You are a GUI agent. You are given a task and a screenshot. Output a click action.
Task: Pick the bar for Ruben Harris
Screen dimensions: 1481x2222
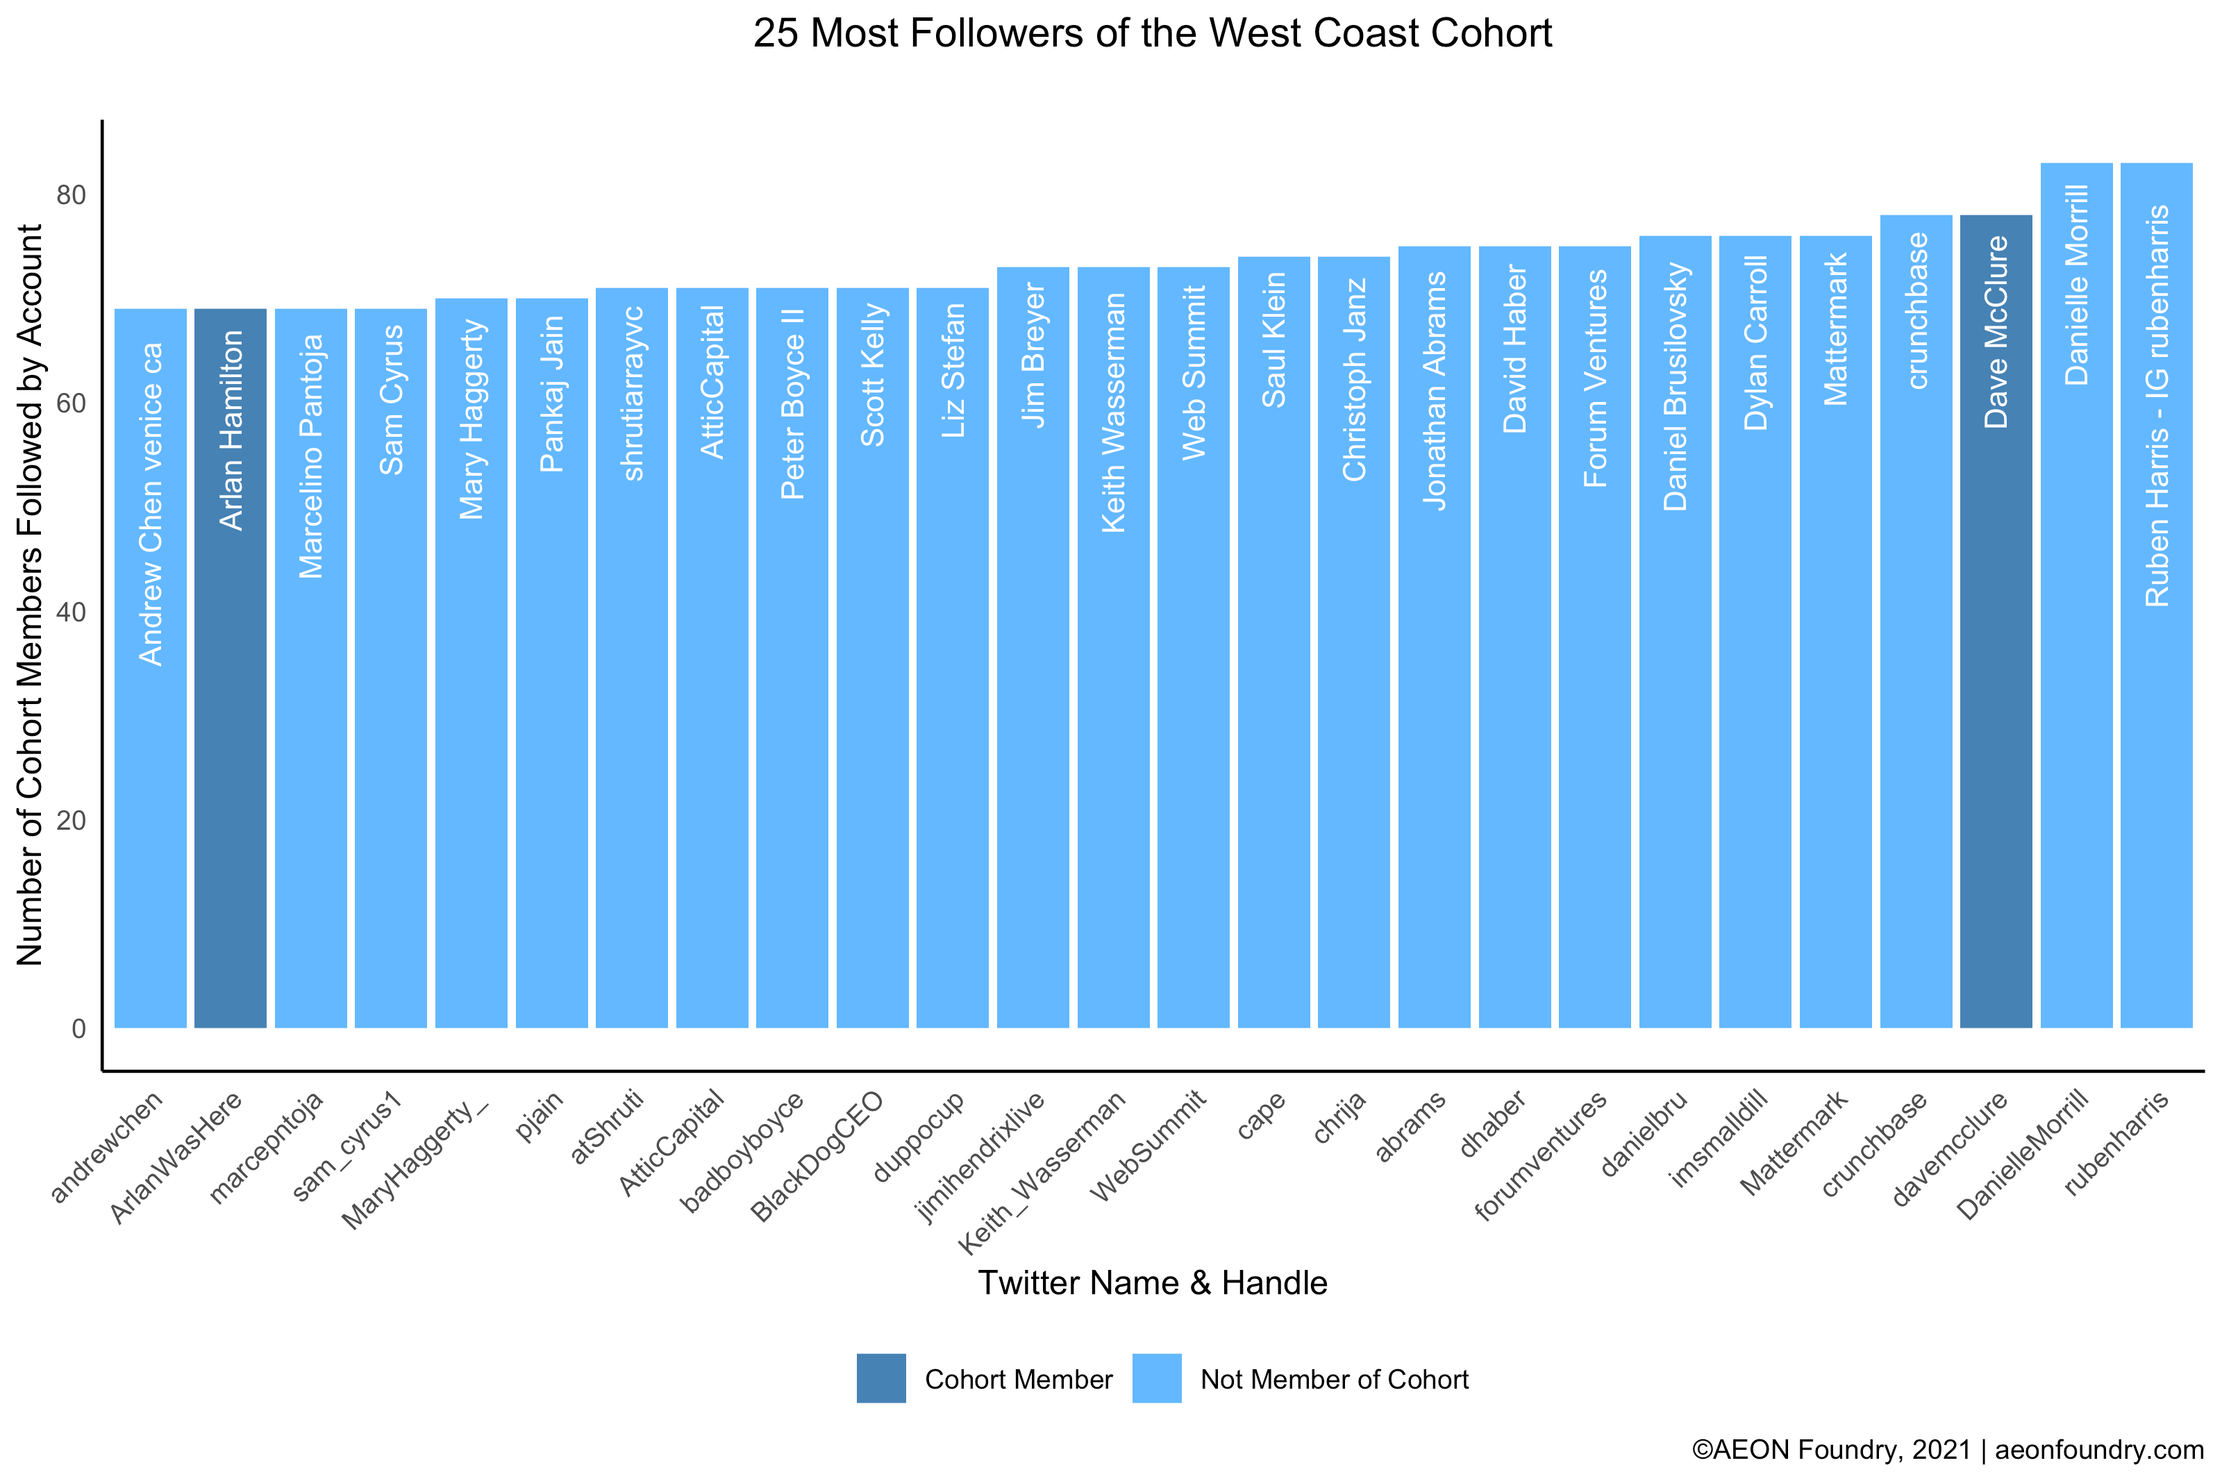point(2156,755)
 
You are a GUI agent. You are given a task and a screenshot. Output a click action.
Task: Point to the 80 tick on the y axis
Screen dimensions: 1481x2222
point(71,196)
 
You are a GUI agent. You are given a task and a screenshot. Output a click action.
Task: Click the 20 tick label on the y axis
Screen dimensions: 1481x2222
point(71,820)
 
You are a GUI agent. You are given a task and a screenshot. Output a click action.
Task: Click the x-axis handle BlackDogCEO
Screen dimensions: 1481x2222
point(817,1156)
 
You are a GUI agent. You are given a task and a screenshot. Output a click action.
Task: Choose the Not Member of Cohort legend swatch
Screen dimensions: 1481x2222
point(1156,1378)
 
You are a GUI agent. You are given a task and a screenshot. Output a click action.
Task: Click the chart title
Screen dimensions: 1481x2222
point(1152,34)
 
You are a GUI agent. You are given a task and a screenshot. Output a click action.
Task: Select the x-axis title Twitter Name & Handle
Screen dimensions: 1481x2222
point(1152,1282)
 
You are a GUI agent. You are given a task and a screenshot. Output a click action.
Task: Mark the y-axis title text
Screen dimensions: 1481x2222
point(31,595)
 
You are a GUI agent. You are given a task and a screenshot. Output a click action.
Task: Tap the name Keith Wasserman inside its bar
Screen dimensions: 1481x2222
point(1113,412)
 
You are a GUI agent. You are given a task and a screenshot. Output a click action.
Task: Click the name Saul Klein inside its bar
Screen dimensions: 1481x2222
point(1274,340)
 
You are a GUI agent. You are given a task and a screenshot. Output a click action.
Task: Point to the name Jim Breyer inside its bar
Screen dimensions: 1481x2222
point(1033,355)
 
